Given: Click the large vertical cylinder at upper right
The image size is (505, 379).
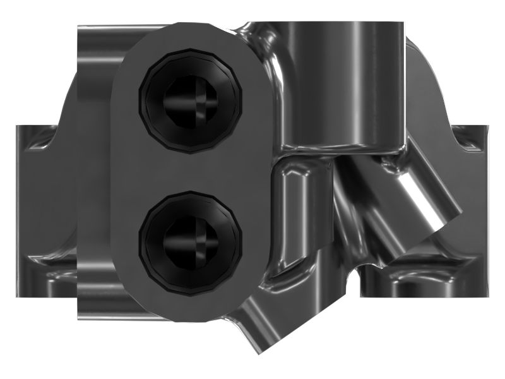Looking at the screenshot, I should pos(341,82).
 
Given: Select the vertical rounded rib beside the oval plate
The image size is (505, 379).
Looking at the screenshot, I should pos(294,215).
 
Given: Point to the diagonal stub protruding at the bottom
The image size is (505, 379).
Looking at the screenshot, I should pos(259,328).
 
